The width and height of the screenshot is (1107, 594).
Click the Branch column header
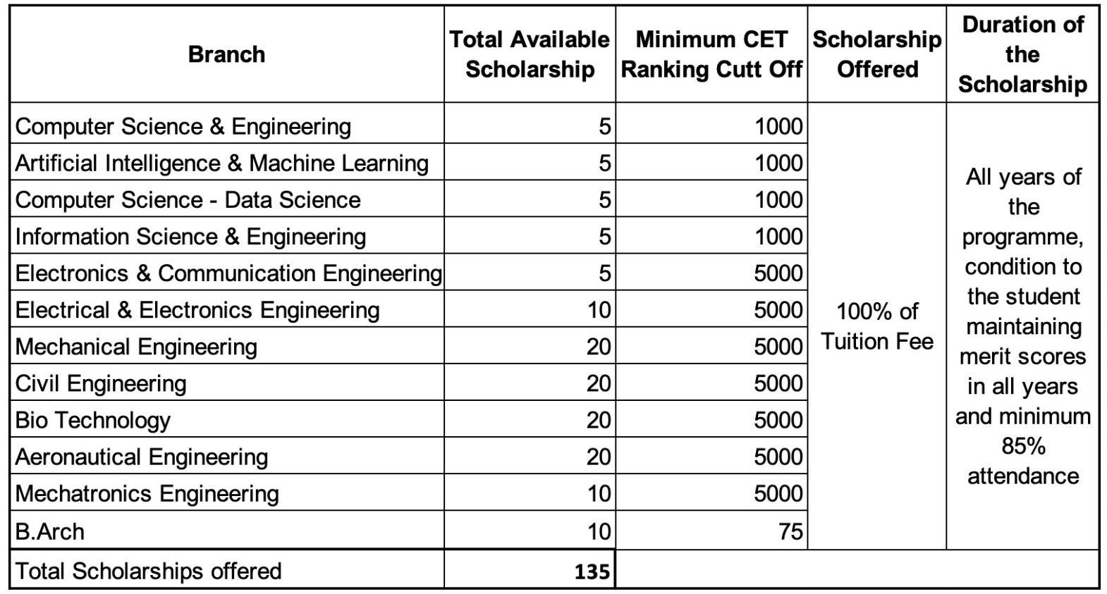(x=226, y=54)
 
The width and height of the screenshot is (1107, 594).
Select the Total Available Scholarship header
(x=530, y=54)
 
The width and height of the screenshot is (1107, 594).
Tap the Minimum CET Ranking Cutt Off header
(x=711, y=54)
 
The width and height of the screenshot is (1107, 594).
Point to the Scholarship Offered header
(x=876, y=54)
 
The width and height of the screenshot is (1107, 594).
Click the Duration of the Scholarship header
(x=1022, y=54)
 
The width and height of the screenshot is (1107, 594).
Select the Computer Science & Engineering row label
(x=183, y=126)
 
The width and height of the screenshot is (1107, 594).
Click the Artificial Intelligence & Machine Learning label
(x=221, y=163)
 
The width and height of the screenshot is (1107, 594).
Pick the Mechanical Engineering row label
(x=136, y=347)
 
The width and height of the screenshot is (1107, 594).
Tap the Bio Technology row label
(x=92, y=420)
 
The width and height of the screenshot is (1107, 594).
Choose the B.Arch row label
(x=49, y=532)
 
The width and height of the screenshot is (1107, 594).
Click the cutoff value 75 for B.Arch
(x=790, y=532)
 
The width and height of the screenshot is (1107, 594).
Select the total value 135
(x=592, y=571)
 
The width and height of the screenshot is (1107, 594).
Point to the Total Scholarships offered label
(x=148, y=571)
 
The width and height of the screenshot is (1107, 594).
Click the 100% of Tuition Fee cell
(x=877, y=326)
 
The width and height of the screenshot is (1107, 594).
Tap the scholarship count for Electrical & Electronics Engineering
(x=599, y=310)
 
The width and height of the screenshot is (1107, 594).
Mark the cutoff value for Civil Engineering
(x=778, y=383)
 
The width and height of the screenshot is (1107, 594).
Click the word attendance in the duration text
(x=1023, y=476)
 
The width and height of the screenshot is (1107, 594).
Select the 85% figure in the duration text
(x=1024, y=446)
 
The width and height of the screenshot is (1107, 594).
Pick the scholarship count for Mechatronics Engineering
(x=599, y=493)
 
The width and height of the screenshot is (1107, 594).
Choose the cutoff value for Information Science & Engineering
(x=778, y=237)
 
